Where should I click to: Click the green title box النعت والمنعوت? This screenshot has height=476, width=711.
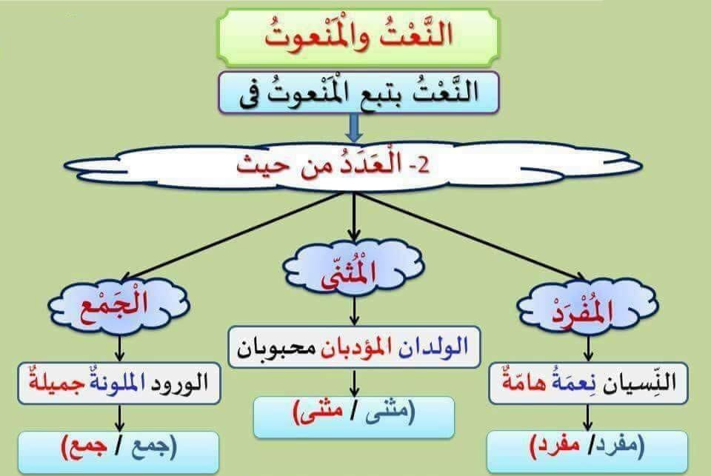[357, 37]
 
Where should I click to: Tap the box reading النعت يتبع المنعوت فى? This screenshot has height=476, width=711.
[358, 93]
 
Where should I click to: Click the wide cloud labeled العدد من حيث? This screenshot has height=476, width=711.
[354, 164]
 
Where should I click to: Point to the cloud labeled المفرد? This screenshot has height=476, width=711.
[588, 308]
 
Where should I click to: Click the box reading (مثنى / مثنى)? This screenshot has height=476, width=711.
[354, 417]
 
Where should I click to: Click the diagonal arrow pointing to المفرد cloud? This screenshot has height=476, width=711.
[474, 237]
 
